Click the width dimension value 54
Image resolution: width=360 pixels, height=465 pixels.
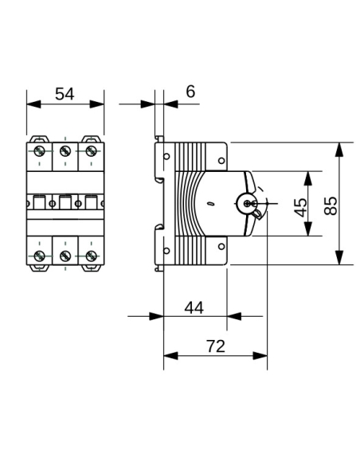[65, 93]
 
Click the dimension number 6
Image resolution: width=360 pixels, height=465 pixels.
[190, 92]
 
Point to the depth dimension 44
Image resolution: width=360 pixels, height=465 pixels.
[194, 307]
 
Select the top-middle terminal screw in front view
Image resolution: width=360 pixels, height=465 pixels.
[65, 151]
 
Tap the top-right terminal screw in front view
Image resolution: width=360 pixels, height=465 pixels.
[91, 151]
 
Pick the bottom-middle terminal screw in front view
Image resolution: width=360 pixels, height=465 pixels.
[65, 256]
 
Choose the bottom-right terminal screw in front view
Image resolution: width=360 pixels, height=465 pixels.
[91, 256]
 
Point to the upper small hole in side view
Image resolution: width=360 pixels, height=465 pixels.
[166, 157]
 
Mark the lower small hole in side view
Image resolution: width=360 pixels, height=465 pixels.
[166, 251]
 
